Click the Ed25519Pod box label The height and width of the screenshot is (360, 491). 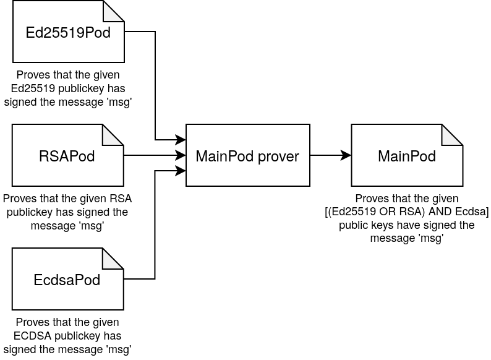tap(68, 33)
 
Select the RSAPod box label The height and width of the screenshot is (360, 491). tap(67, 156)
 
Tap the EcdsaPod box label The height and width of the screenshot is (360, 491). tap(67, 280)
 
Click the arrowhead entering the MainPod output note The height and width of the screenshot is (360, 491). tap(346, 155)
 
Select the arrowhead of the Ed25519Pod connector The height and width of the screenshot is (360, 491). tap(181, 140)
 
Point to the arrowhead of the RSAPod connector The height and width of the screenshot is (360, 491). tap(181, 155)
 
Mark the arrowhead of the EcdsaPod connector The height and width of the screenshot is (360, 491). tap(181, 171)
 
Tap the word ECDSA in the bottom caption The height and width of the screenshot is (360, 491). tap(32, 336)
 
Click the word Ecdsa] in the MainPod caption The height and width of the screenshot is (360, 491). tap(472, 212)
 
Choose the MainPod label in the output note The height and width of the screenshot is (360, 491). tap(407, 156)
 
